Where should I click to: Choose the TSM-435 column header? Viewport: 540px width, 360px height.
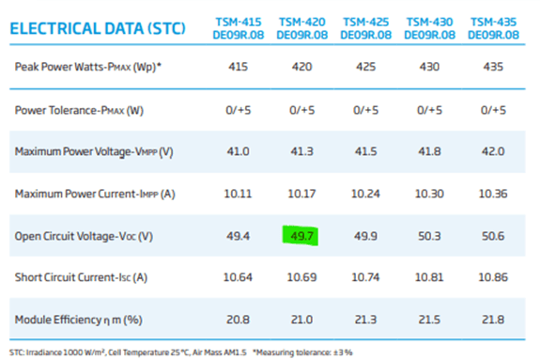pyautogui.click(x=494, y=26)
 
